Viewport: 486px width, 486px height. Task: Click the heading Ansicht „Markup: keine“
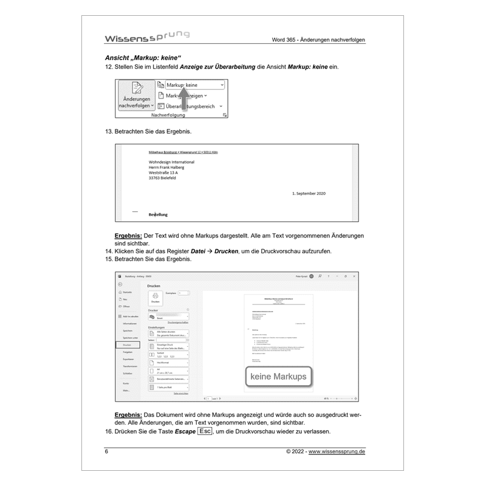click(135, 58)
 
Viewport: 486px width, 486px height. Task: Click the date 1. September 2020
click(309, 193)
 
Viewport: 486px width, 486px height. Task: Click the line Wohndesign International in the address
click(171, 162)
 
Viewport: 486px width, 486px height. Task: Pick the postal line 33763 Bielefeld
click(165, 179)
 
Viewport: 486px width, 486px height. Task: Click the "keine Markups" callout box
click(279, 377)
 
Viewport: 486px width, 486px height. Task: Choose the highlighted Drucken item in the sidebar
click(128, 344)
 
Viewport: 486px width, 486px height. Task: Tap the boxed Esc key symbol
click(205, 431)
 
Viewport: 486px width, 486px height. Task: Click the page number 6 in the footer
click(107, 452)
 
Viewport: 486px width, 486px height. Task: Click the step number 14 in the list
click(109, 252)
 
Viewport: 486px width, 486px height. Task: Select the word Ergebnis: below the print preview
click(129, 414)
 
